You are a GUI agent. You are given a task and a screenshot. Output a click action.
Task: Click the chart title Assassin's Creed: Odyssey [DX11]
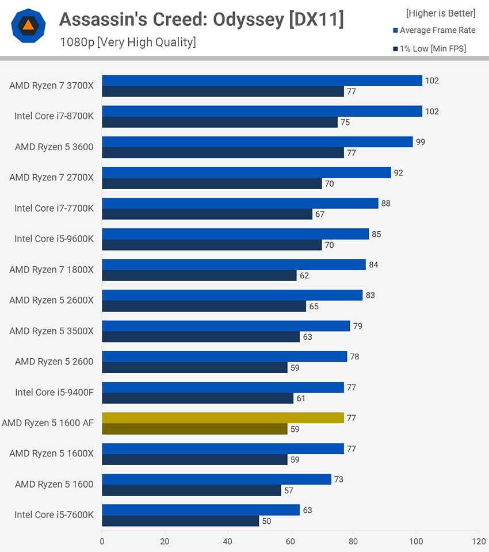(201, 20)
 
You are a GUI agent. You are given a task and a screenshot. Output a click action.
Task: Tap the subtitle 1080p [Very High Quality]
(128, 42)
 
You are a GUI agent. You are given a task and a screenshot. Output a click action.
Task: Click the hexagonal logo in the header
(28, 26)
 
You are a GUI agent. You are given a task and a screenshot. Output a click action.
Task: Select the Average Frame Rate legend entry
(434, 30)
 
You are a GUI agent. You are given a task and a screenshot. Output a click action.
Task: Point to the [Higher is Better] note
(441, 13)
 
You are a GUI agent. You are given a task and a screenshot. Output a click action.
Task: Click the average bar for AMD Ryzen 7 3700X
(262, 80)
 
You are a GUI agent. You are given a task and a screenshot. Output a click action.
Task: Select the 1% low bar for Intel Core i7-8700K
(219, 122)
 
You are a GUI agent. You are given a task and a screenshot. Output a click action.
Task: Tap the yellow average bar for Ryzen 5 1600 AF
(223, 418)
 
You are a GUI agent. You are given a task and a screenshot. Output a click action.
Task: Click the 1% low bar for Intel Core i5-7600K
(180, 521)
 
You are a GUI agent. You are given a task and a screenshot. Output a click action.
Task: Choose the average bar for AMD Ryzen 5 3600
(257, 141)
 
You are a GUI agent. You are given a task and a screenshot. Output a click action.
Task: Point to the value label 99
(421, 142)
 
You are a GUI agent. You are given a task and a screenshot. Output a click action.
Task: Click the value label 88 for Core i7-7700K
(386, 204)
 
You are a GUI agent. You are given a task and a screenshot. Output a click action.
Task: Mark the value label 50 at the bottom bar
(266, 521)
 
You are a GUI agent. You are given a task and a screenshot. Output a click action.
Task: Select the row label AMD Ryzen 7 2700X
(51, 178)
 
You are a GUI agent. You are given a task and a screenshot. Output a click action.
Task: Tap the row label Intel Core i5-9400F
(54, 392)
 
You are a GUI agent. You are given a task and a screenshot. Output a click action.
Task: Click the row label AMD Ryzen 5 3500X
(51, 331)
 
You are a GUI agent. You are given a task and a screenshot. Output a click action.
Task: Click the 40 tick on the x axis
(228, 541)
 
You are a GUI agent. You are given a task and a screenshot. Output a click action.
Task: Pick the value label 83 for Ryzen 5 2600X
(370, 296)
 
